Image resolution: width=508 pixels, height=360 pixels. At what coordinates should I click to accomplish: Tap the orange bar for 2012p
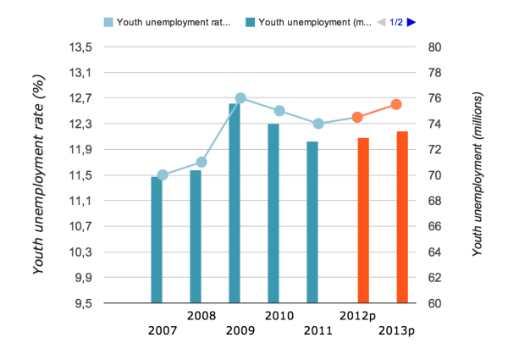coord(363,219)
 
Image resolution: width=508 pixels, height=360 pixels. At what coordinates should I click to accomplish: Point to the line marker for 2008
coord(201,162)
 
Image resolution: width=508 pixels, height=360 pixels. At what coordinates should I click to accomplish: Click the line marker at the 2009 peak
coord(240,98)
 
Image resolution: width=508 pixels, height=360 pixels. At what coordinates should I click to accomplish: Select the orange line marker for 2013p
coord(395,104)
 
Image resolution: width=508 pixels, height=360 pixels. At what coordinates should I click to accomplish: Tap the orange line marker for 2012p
coord(357,117)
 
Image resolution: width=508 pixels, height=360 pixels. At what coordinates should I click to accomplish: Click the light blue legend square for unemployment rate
coord(108,23)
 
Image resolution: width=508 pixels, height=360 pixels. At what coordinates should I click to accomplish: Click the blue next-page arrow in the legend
coord(411,23)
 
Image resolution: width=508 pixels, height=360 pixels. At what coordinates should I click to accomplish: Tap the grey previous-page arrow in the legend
coord(381,23)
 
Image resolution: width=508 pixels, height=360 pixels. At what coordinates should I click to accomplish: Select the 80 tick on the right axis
coord(435,47)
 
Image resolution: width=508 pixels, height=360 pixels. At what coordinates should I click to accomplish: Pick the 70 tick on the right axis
coord(435,175)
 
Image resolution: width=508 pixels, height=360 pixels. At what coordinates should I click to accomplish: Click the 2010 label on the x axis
coord(279,316)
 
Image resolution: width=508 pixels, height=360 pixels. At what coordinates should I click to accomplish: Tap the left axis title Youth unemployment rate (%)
coord(38,175)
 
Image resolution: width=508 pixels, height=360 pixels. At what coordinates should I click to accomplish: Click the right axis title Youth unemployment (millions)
coord(477,175)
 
